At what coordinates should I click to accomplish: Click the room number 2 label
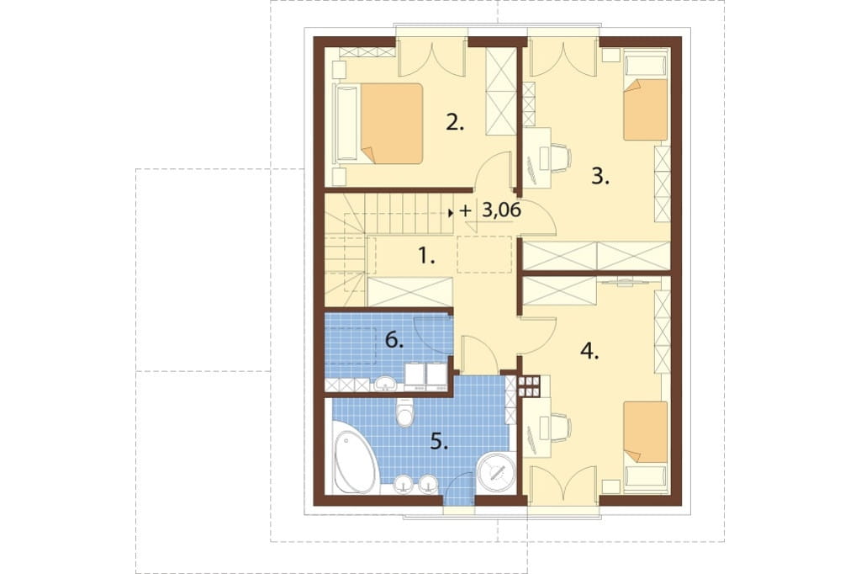455,123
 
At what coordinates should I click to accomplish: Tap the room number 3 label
600,177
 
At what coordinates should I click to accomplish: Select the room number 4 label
589,351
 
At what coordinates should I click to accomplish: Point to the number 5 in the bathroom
439,441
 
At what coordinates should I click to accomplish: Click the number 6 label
394,340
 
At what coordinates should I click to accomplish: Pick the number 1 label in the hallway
426,256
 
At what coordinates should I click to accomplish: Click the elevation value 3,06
501,210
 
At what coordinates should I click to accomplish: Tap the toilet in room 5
405,412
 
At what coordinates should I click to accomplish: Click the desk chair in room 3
560,157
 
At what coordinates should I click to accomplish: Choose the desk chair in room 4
560,428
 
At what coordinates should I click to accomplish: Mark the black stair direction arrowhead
451,212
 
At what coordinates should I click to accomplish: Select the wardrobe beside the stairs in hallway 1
409,292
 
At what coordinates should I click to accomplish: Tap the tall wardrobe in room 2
501,91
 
